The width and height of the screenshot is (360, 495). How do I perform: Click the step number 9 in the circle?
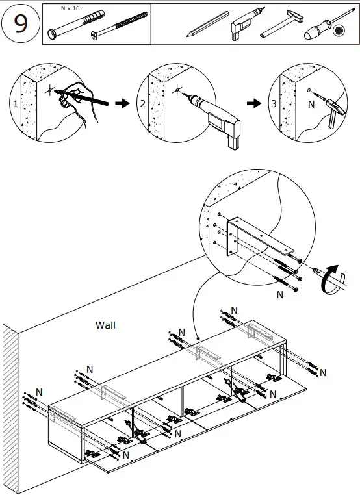[21, 23]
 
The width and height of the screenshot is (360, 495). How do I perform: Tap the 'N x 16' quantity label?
[70, 8]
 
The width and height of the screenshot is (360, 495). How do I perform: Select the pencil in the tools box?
[207, 24]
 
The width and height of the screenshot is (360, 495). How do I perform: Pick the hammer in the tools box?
[281, 24]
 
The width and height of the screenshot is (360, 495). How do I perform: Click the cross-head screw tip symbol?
[339, 31]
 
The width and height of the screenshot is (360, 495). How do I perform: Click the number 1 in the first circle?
[16, 103]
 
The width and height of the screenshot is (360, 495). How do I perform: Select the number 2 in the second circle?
[143, 103]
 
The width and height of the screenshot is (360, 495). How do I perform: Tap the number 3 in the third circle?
[274, 103]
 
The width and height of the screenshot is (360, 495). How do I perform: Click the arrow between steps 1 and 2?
[122, 103]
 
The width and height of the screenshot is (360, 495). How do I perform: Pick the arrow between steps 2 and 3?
[254, 103]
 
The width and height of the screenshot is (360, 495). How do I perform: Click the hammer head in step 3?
[336, 106]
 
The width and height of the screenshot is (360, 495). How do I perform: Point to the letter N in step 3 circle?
[311, 105]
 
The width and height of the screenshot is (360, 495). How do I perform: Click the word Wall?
[105, 325]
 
